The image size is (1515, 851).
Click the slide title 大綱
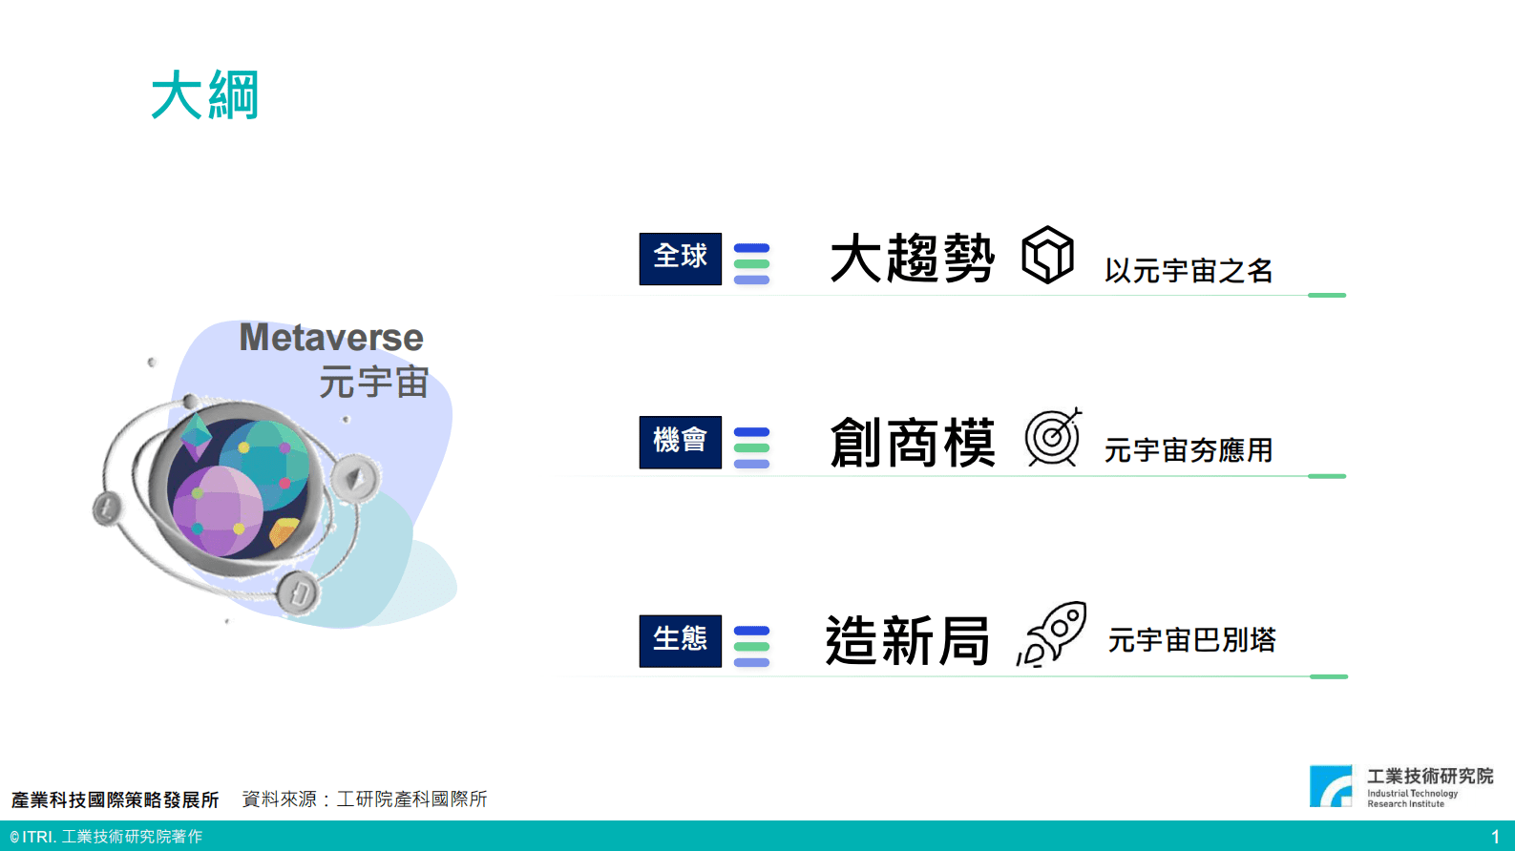pyautogui.click(x=205, y=95)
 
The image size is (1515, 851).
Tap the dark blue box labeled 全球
pyautogui.click(x=680, y=259)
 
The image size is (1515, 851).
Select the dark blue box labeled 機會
pyautogui.click(x=680, y=442)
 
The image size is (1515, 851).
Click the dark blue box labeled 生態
pyautogui.click(x=680, y=640)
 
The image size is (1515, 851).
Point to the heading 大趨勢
pyautogui.click(x=912, y=259)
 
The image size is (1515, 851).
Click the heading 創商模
pyautogui.click(x=912, y=443)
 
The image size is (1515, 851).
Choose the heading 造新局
pyautogui.click(x=907, y=641)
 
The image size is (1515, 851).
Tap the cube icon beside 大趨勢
pyautogui.click(x=1047, y=255)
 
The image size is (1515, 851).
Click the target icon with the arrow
pyautogui.click(x=1052, y=437)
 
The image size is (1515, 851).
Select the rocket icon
pyautogui.click(x=1053, y=633)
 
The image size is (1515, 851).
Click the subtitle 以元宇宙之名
pyautogui.click(x=1189, y=271)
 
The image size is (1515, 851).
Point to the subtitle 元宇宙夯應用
pyautogui.click(x=1189, y=450)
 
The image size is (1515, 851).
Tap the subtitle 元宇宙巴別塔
pyautogui.click(x=1191, y=640)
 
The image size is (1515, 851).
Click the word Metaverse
pyautogui.click(x=330, y=338)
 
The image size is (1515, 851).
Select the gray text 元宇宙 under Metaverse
pyautogui.click(x=373, y=383)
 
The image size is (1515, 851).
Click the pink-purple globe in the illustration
pyautogui.click(x=218, y=510)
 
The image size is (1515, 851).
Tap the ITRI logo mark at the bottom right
pyautogui.click(x=1330, y=786)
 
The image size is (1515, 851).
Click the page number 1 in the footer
pyautogui.click(x=1495, y=837)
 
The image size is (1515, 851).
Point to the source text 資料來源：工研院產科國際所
pyautogui.click(x=364, y=799)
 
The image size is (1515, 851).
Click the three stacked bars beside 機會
pyautogui.click(x=751, y=447)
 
